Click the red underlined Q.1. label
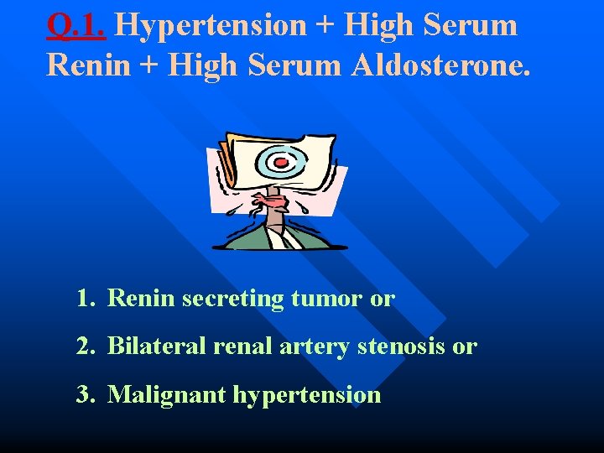click(x=75, y=26)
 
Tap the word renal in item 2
click(x=238, y=346)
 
